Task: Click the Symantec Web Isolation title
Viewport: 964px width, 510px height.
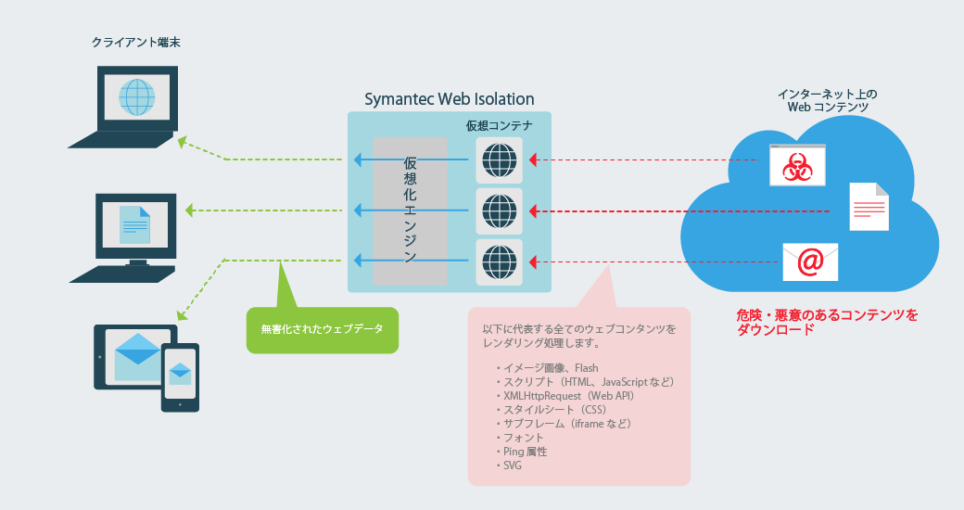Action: (x=449, y=99)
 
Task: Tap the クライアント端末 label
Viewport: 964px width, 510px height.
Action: (x=136, y=43)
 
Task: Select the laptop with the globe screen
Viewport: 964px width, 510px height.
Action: (x=123, y=107)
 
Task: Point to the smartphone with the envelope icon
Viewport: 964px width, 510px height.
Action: (x=180, y=377)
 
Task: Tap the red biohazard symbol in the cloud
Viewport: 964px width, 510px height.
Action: (x=797, y=166)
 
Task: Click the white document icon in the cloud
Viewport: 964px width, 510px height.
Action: (x=869, y=207)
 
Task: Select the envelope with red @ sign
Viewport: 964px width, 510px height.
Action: (x=810, y=262)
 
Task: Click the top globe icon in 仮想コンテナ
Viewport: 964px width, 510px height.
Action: (x=500, y=159)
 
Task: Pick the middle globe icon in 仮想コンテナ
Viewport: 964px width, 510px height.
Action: (x=500, y=211)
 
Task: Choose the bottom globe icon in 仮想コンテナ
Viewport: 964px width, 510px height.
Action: (x=500, y=262)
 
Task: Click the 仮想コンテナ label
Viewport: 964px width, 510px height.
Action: (x=500, y=125)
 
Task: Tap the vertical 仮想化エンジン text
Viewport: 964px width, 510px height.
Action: (x=410, y=210)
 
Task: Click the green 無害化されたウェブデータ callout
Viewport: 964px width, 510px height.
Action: (x=323, y=329)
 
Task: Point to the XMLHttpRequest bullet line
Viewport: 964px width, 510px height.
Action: (x=565, y=396)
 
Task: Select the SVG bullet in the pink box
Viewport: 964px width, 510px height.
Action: (x=509, y=465)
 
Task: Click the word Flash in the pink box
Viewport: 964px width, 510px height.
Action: (x=587, y=368)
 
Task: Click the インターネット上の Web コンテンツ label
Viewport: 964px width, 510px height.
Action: (x=828, y=100)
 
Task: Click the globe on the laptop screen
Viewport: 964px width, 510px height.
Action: (x=136, y=97)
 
